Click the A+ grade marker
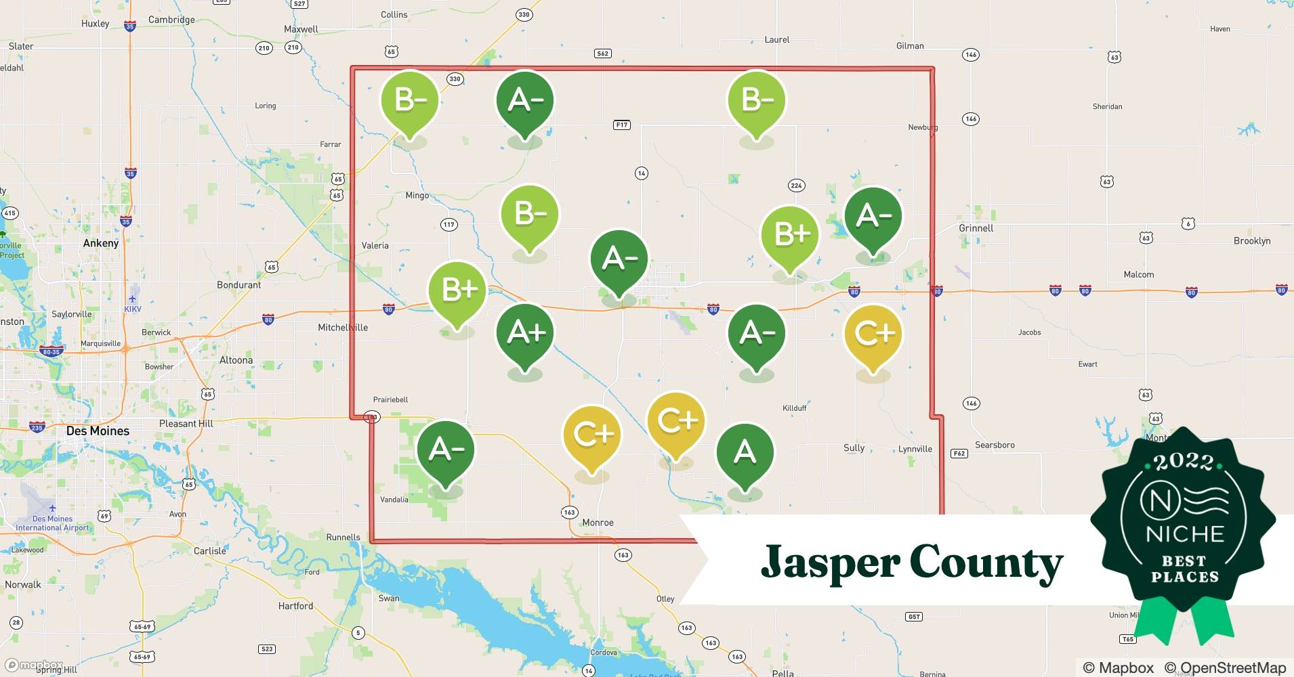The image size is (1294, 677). (x=525, y=332)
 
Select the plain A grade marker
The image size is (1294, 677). (x=745, y=452)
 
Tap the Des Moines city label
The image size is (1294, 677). (x=98, y=431)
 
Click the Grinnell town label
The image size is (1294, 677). (x=976, y=228)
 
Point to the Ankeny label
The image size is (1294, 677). (x=101, y=243)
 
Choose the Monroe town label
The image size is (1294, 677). (x=598, y=523)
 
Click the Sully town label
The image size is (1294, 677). (x=854, y=447)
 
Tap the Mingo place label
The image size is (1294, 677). (x=417, y=195)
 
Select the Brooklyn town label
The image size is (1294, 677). (x=1251, y=240)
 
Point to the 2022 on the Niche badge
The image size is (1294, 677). (x=1184, y=462)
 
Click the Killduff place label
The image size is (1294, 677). (x=794, y=408)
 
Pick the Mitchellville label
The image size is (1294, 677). (x=343, y=327)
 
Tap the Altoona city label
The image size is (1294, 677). (x=236, y=360)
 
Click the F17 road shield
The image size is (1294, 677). (x=621, y=125)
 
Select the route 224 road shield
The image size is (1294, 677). (x=796, y=185)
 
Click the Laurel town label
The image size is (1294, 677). (x=776, y=39)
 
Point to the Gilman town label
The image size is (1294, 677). (x=909, y=45)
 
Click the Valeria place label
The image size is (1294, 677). (x=375, y=246)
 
